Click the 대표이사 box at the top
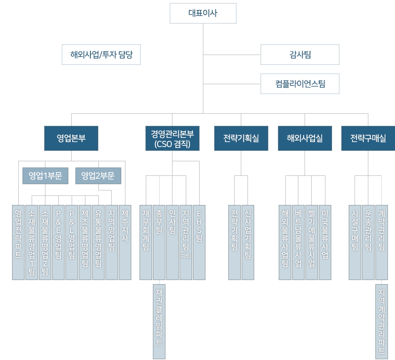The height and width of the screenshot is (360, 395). tap(203, 13)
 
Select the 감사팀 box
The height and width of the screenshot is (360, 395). tap(300, 55)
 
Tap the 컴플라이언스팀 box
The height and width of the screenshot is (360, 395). tap(300, 84)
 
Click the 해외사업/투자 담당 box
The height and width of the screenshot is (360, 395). tap(101, 55)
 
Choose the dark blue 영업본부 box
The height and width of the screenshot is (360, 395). tap(71, 138)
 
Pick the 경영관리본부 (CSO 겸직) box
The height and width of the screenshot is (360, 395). tap(172, 138)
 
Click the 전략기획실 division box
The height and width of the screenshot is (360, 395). tap(241, 138)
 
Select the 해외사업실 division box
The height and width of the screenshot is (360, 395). tap(305, 138)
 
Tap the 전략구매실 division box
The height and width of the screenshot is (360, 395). tap(368, 138)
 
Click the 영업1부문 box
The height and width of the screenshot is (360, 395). tap(45, 175)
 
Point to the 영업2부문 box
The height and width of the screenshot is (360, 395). tap(98, 175)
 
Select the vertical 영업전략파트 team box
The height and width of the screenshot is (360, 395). tap(18, 242)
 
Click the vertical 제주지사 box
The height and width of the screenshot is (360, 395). tap(125, 242)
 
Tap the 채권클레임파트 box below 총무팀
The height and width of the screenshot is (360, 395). tap(159, 321)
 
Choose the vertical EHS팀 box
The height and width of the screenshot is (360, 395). tap(199, 242)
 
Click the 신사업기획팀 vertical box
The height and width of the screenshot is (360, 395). tap(248, 242)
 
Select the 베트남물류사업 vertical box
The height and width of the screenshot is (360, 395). tap(298, 242)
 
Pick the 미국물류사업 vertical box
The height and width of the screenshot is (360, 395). tap(325, 242)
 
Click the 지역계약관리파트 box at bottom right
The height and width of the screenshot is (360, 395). tap(381, 321)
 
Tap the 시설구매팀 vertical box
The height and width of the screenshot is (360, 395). tap(355, 242)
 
